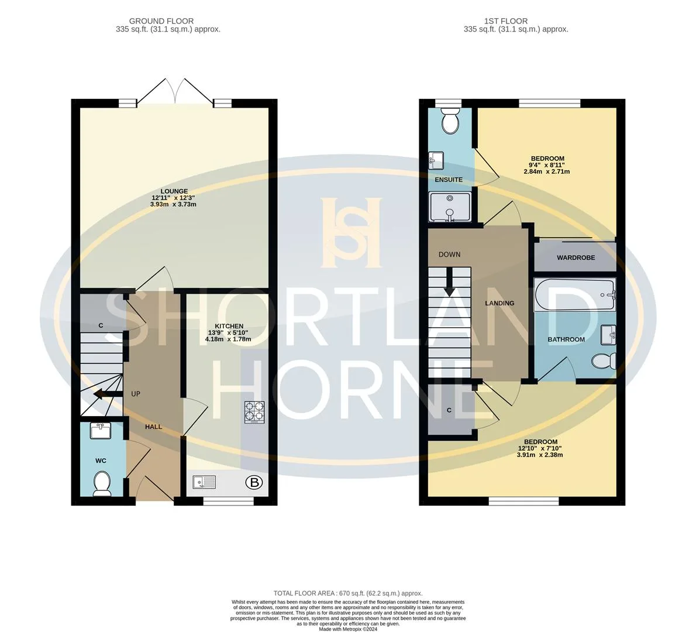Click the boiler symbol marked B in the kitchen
coord(254,482)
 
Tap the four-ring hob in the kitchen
coord(254,412)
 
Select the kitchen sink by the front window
coord(204,482)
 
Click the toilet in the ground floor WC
coord(102,484)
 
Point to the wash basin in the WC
coord(101,431)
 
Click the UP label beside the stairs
coord(135,394)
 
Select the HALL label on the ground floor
coord(154,427)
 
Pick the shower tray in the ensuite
coord(450,207)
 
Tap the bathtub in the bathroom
coord(575,294)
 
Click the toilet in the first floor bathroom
coord(604,360)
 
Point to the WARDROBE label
coord(576,257)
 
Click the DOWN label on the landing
coord(449,255)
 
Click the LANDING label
coord(500,303)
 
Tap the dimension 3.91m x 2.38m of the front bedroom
coord(540,455)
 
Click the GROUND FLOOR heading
coord(161,21)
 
